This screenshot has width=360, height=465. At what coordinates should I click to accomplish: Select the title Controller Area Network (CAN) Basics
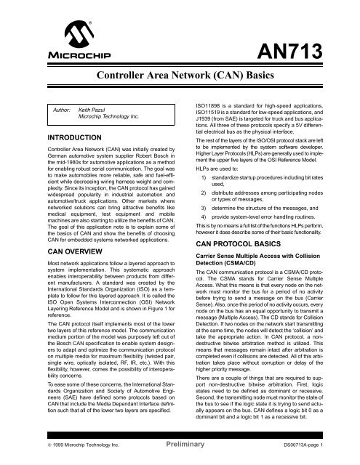[179, 76]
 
